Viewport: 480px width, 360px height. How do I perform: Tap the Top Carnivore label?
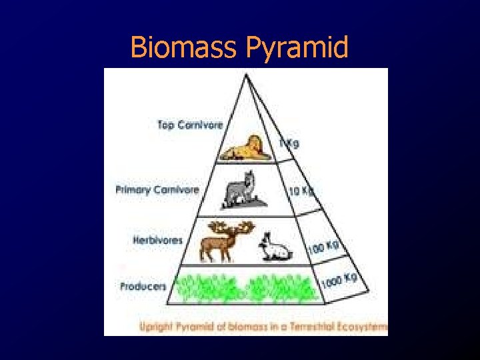coord(190,124)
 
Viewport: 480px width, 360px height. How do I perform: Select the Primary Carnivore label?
coord(157,189)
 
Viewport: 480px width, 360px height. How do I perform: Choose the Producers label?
coord(143,287)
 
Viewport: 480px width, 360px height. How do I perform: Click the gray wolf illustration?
coord(244,189)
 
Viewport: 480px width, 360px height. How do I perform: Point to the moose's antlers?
coord(230,227)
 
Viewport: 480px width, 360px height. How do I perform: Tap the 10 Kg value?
coord(301,191)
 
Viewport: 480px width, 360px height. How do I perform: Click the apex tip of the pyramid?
coord(246,73)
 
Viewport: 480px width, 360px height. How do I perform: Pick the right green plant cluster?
coord(280,288)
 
